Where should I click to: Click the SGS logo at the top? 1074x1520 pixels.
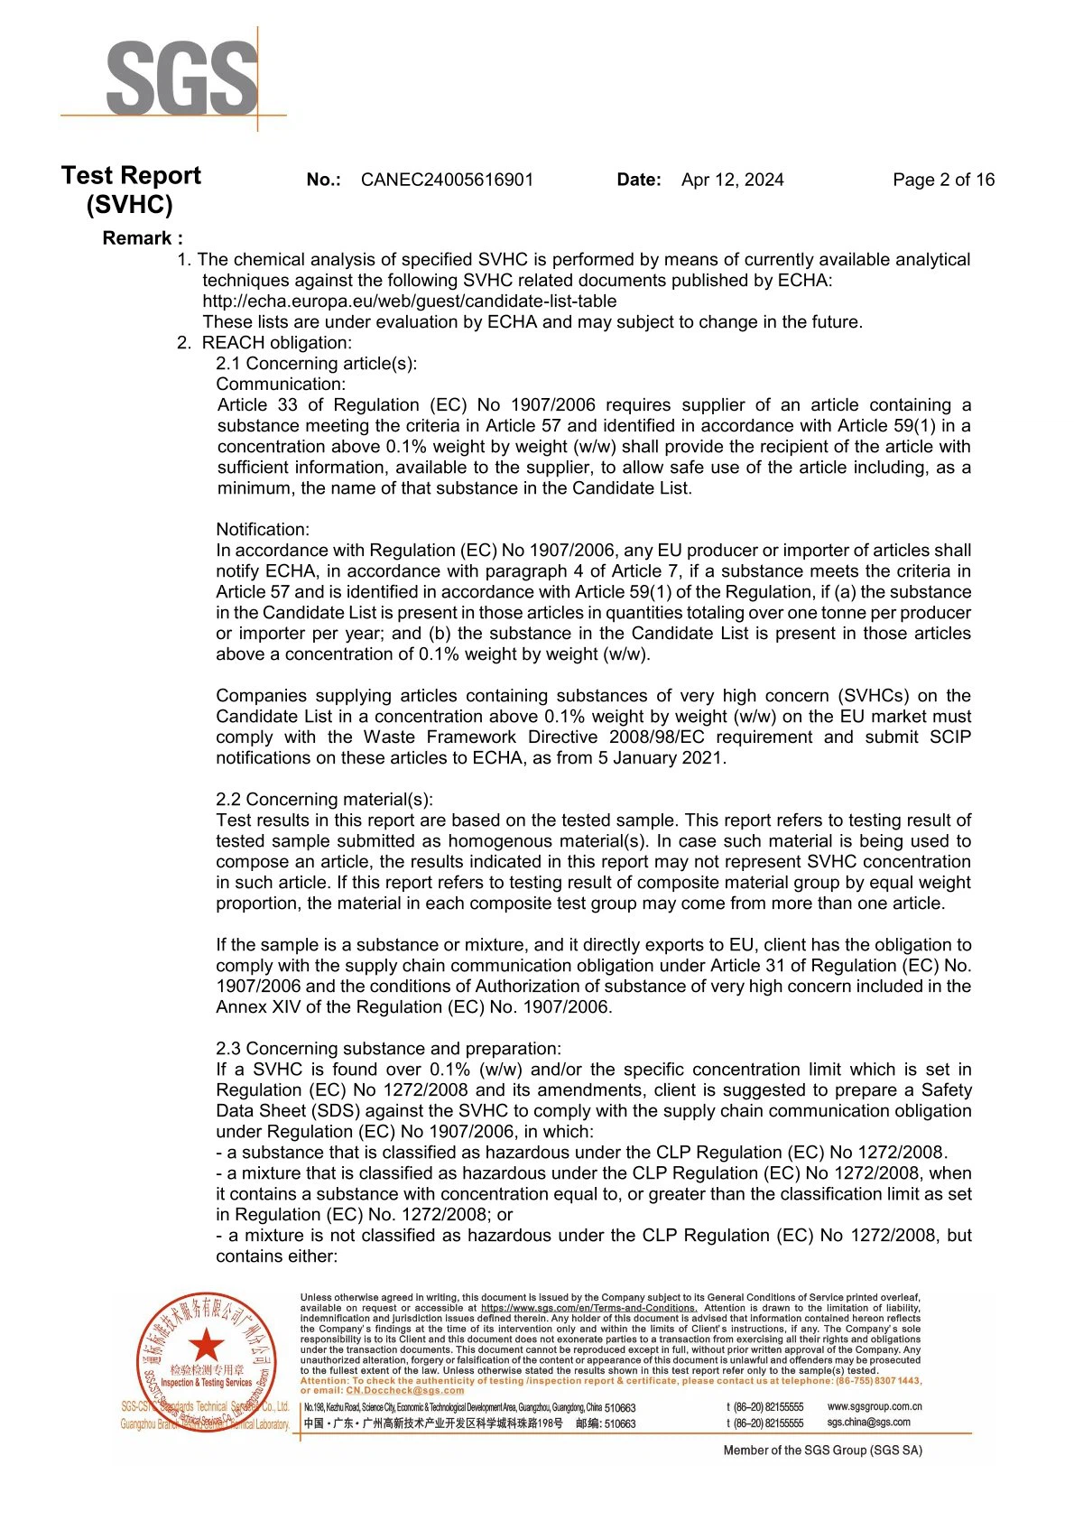pos(181,79)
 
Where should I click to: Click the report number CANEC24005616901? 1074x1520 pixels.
pos(447,180)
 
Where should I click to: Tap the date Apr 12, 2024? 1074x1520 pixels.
pos(732,180)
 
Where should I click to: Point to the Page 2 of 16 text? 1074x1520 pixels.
pos(943,180)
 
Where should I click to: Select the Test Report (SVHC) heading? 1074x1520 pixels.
pos(131,190)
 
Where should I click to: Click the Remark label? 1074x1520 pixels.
pos(143,238)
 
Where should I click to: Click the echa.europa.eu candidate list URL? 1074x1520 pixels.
pos(410,301)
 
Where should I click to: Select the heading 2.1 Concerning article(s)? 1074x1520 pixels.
pos(316,364)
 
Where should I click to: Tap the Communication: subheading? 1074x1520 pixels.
pos(280,385)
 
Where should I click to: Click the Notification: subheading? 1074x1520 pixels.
pos(263,530)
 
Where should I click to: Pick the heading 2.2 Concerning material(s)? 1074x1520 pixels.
pos(324,800)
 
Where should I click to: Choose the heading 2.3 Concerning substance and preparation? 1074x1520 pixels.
pos(388,1049)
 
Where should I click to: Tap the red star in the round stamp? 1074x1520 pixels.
pos(207,1345)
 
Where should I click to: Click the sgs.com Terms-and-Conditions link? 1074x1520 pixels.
pos(588,1308)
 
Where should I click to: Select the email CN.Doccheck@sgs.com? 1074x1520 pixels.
pos(405,1391)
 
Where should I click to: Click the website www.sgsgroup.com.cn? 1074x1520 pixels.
pos(875,1406)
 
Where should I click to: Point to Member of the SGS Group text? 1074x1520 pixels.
pos(822,1450)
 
